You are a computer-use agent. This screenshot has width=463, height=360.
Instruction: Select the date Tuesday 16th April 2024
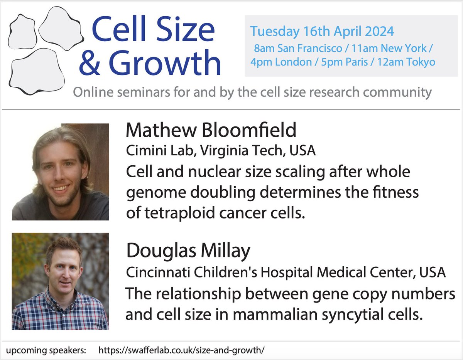pos(322,31)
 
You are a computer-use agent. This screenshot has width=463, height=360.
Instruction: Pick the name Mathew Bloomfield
pos(211,130)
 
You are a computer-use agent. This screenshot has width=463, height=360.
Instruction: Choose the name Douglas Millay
pos(188,251)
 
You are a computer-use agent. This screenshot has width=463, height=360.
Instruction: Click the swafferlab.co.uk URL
pos(182,351)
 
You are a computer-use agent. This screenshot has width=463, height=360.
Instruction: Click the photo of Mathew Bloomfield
pos(61,172)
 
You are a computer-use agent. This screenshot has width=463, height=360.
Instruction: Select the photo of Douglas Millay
pos(61,281)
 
